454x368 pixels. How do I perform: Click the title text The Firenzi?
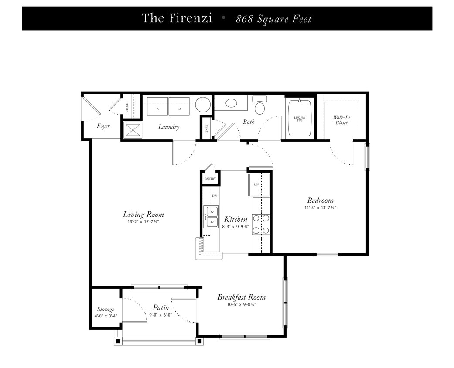click(177, 18)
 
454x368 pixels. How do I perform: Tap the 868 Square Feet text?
click(274, 19)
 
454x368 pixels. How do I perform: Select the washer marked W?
click(157, 107)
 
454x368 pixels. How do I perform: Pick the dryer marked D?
click(179, 107)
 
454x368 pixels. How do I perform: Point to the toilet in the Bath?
click(260, 106)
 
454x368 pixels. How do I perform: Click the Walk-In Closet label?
click(341, 120)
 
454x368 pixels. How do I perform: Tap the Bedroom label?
click(320, 200)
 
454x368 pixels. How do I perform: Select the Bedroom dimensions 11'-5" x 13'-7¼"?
click(320, 208)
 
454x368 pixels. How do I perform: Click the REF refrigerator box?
click(257, 184)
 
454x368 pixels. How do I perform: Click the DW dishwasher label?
click(215, 196)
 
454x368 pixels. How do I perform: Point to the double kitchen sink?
click(212, 217)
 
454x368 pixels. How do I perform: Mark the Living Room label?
click(143, 214)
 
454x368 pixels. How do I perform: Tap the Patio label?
click(160, 307)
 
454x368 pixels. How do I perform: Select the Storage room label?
click(106, 310)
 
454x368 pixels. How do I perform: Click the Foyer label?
click(103, 126)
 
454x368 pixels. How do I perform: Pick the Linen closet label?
click(207, 129)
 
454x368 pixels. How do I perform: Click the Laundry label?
click(169, 127)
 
